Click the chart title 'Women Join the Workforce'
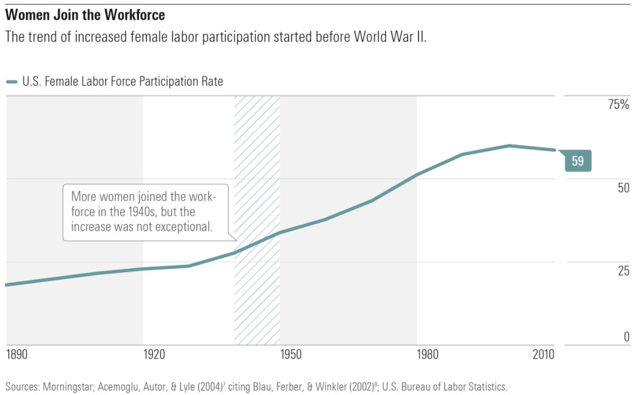click(85, 13)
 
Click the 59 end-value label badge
click(577, 162)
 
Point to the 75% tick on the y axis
click(619, 105)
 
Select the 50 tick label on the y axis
click(623, 188)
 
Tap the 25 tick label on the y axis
click(623, 272)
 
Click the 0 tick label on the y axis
click(627, 337)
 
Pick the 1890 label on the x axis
click(17, 355)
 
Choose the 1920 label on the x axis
click(154, 355)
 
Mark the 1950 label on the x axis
click(291, 355)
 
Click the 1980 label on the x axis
click(428, 355)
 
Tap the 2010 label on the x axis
click(543, 355)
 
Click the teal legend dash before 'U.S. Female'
click(12, 82)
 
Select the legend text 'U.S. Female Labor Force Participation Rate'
click(123, 82)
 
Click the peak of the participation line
click(509, 146)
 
